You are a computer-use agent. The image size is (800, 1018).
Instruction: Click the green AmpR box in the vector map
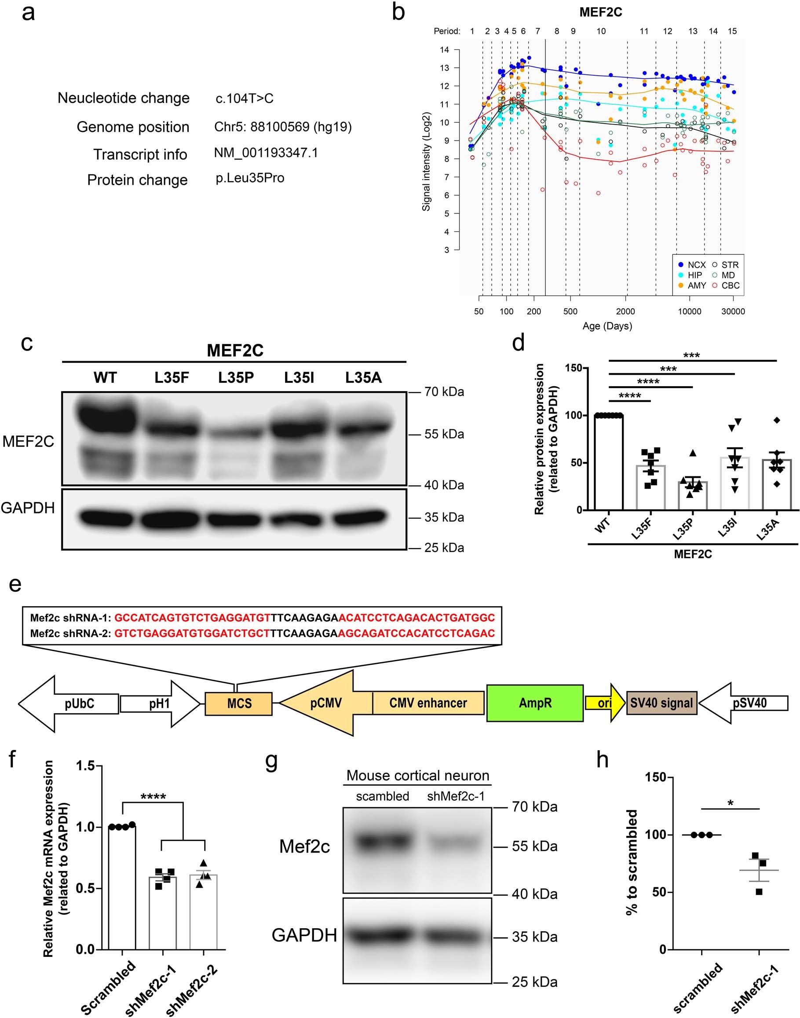(x=535, y=703)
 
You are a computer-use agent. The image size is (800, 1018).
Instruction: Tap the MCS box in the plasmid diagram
(x=238, y=703)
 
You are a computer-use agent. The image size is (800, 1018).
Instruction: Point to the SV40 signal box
(x=661, y=703)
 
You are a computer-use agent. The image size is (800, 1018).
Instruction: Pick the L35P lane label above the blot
(x=236, y=377)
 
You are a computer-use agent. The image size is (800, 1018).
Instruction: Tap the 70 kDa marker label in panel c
(x=444, y=392)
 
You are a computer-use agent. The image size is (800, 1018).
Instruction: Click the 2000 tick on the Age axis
(x=626, y=311)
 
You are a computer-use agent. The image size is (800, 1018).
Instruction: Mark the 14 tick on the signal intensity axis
(x=445, y=50)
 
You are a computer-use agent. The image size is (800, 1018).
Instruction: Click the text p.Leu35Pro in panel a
(x=250, y=178)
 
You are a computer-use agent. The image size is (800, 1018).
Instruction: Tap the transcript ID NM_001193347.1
(x=266, y=153)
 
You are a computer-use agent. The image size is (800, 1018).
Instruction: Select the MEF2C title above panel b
(x=600, y=12)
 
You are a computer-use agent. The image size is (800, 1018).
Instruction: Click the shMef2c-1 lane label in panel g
(x=455, y=796)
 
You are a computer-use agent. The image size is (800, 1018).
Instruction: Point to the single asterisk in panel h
(x=730, y=803)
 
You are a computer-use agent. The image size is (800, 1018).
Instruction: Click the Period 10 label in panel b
(x=601, y=31)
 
